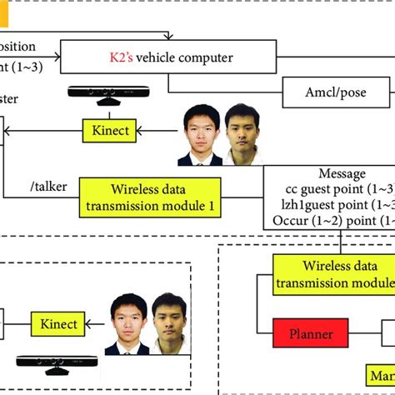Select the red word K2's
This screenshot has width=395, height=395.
pos(122,57)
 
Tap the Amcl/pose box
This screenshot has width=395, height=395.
pos(336,92)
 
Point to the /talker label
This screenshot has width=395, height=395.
pos(42,189)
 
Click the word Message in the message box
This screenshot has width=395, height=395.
pos(342,174)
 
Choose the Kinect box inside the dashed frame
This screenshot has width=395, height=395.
pos(59,324)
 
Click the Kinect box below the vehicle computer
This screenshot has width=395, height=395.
pos(109,130)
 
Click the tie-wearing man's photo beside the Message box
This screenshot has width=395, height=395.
pos(198,133)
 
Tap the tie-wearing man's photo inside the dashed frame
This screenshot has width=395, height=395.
pos(127,323)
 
